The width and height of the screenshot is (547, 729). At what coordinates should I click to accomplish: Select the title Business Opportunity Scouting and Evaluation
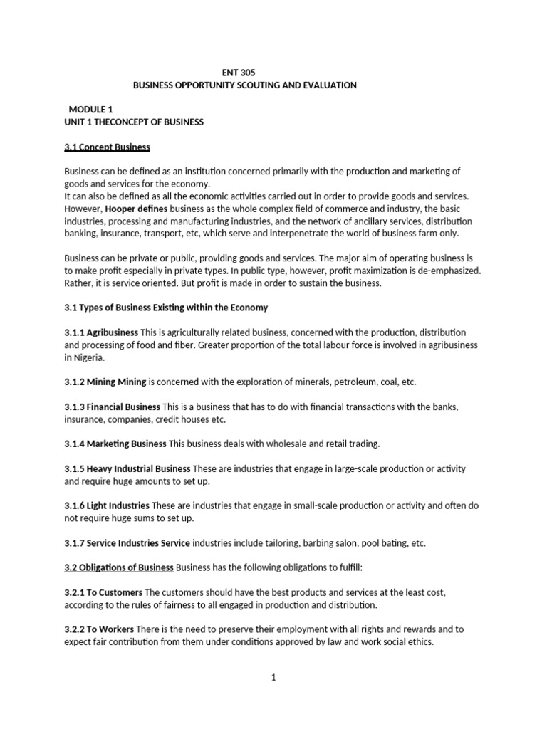245,85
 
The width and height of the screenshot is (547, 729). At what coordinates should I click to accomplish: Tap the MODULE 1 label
91,110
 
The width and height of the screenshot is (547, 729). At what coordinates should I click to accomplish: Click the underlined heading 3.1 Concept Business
107,147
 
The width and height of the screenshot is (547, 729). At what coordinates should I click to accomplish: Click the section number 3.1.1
75,332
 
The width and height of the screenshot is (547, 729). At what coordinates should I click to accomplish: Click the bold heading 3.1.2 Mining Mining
105,382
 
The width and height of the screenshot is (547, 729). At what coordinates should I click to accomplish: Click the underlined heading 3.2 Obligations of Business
119,567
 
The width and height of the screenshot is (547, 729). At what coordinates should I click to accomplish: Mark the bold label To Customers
115,592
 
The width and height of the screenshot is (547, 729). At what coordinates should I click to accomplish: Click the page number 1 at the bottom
273,678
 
